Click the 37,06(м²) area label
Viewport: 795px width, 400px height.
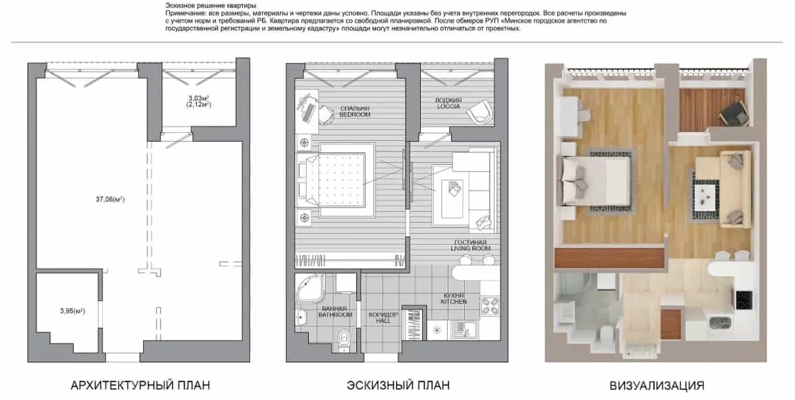point(110,199)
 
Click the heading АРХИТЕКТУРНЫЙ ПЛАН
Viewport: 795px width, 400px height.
point(140,386)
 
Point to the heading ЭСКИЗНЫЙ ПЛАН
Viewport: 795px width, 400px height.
point(398,386)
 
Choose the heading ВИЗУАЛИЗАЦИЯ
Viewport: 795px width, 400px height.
point(657,386)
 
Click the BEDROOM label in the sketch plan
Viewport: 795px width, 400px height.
point(355,115)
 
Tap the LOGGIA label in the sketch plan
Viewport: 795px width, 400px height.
point(448,107)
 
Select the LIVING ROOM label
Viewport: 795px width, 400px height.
point(470,248)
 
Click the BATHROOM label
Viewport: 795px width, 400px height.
point(335,315)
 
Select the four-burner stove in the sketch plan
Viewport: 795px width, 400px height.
point(489,306)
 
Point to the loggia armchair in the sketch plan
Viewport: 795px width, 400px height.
point(479,112)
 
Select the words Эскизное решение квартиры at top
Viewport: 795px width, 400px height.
point(208,5)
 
